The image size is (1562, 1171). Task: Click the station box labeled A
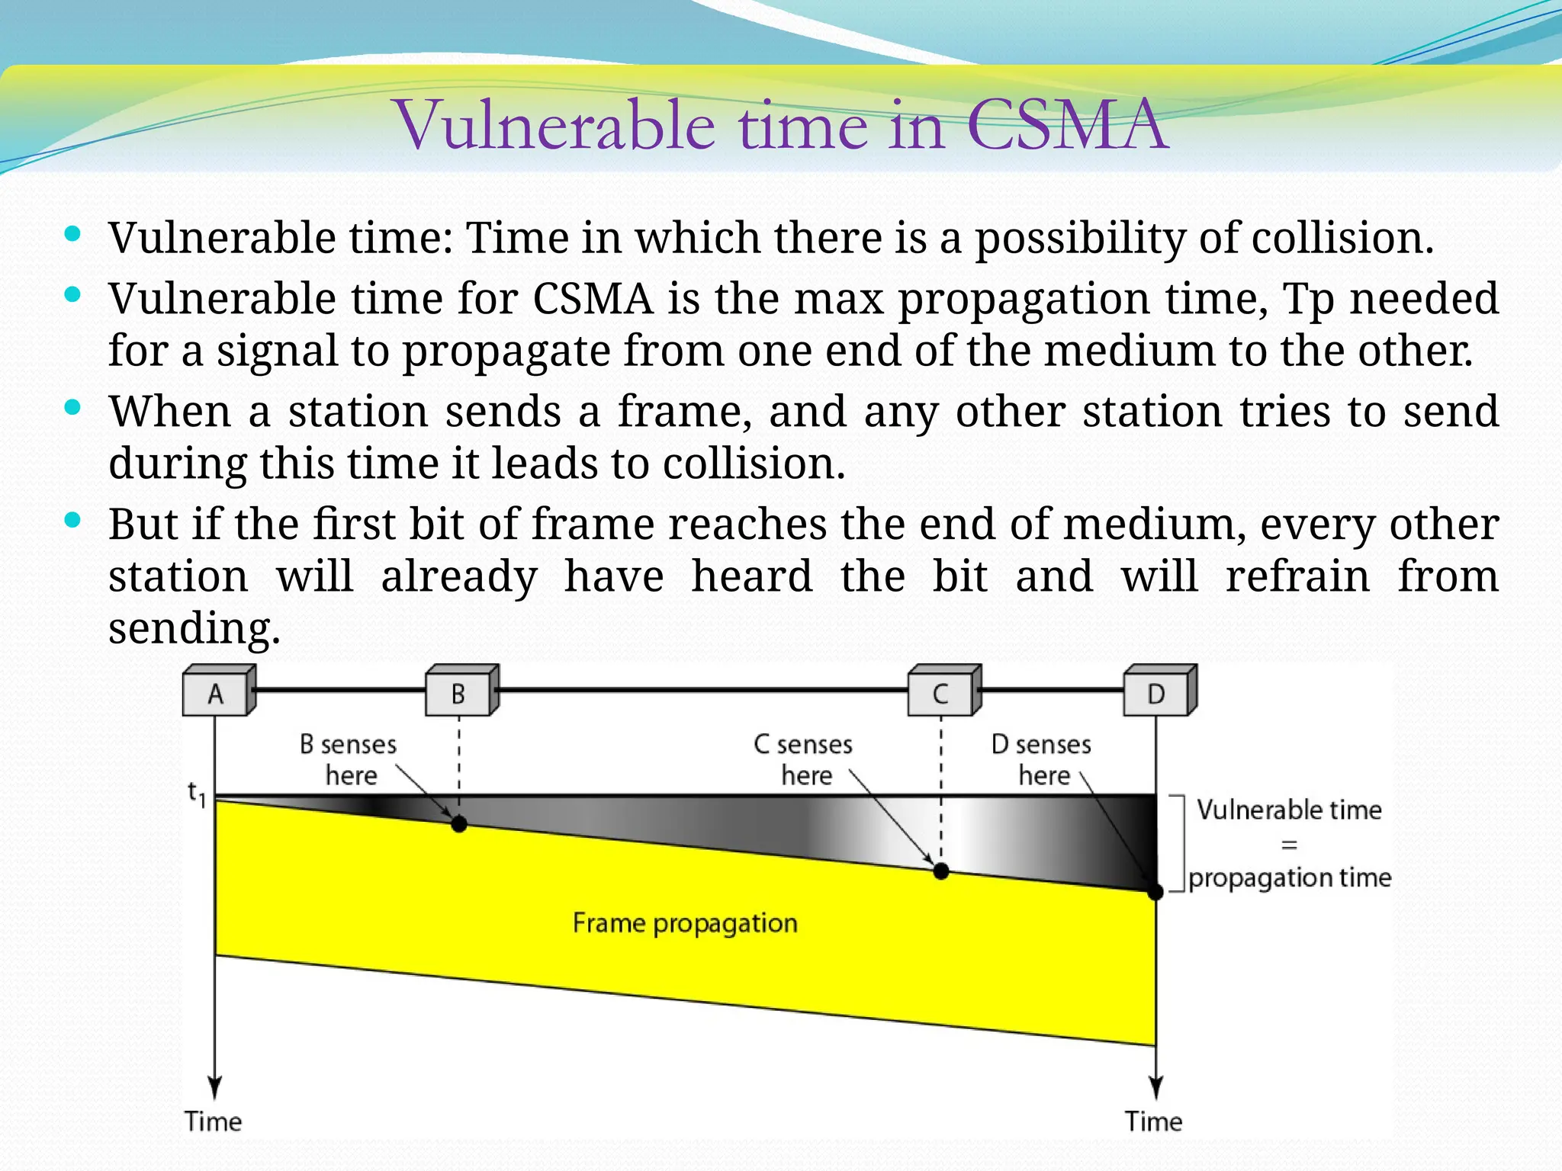click(216, 693)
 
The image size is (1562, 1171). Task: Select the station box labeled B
click(458, 693)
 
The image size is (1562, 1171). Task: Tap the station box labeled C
click(940, 693)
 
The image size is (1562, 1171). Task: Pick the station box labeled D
click(1156, 693)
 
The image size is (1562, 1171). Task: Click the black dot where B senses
click(459, 824)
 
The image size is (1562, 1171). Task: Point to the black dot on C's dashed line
click(941, 871)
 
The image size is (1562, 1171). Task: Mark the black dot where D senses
click(1155, 891)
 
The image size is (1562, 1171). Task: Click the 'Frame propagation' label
click(685, 923)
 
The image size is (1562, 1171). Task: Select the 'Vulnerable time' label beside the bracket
click(1289, 810)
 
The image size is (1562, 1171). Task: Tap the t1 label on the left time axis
click(197, 794)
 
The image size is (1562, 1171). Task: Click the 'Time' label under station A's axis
click(213, 1121)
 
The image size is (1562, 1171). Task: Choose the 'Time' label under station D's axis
click(1153, 1121)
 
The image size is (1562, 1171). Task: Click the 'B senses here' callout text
click(349, 759)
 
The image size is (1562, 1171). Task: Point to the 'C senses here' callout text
click(804, 759)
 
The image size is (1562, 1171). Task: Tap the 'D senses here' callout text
click(1042, 759)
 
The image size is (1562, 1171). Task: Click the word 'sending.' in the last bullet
click(194, 629)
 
